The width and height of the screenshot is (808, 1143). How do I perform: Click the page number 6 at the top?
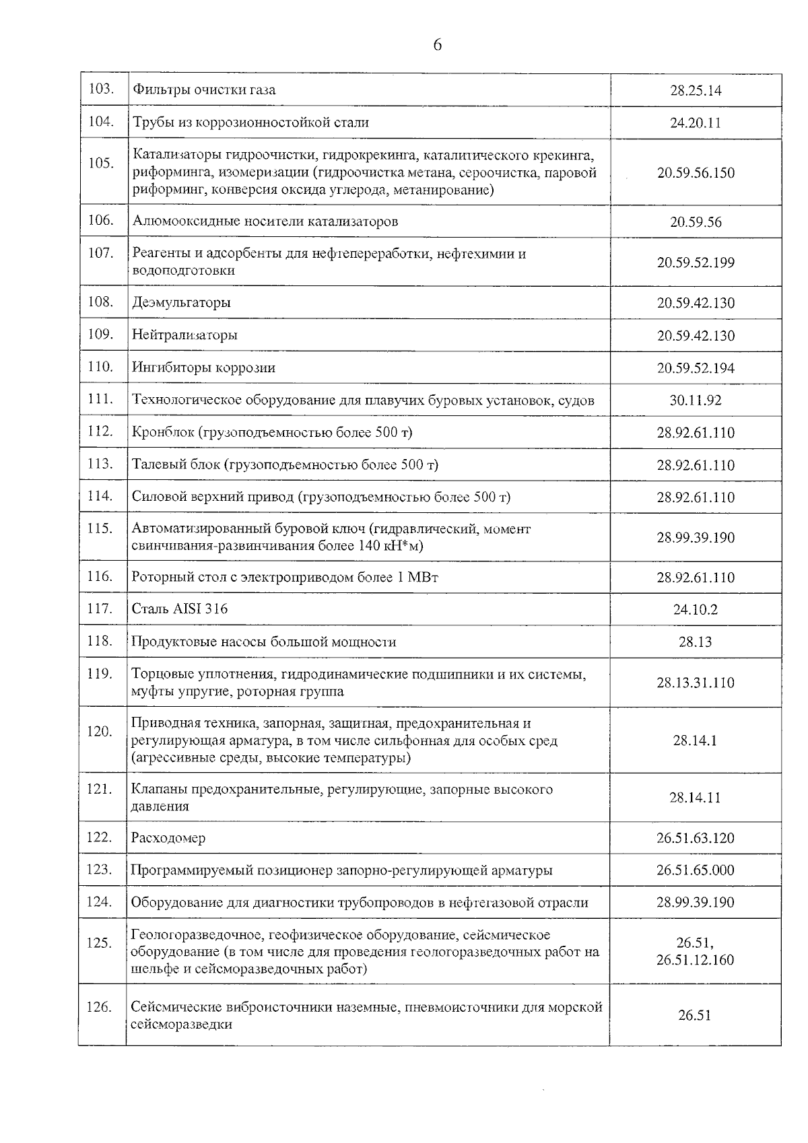437,45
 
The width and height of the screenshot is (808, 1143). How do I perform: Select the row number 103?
101,89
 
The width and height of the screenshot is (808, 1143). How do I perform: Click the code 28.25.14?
696,90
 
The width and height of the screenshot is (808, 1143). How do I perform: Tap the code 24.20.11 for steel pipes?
696,123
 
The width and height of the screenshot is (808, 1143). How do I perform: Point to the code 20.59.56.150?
696,172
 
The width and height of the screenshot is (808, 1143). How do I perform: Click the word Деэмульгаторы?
181,303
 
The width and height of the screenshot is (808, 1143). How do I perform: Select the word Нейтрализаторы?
184,335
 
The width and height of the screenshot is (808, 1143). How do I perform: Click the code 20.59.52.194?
696,368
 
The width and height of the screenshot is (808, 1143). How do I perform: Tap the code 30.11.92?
696,401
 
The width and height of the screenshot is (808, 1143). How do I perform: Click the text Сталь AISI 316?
180,609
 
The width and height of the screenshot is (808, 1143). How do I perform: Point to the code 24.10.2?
696,610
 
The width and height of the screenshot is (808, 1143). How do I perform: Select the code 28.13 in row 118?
696,642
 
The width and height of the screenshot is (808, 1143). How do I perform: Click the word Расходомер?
168,838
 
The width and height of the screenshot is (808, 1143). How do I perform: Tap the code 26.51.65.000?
696,870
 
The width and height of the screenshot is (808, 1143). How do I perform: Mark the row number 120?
100,732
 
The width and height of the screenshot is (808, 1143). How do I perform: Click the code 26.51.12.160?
696,960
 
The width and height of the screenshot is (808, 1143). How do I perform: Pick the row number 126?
100,1008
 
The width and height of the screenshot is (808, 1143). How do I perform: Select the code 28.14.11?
696,798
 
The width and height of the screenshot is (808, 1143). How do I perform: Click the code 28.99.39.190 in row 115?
696,538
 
